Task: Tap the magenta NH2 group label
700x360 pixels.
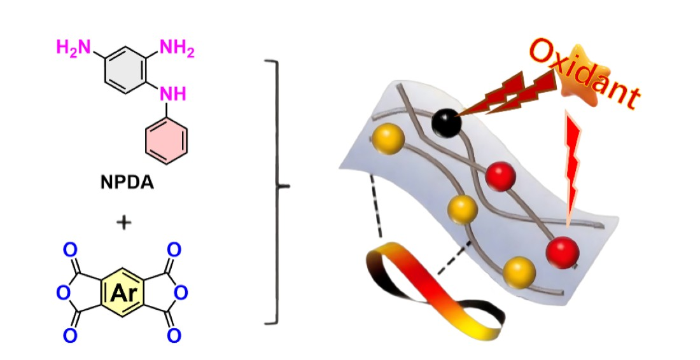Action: click(x=176, y=48)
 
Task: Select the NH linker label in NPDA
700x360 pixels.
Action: click(x=173, y=94)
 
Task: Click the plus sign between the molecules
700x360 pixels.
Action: click(x=125, y=222)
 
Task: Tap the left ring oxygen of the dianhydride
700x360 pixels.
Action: click(x=62, y=293)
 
